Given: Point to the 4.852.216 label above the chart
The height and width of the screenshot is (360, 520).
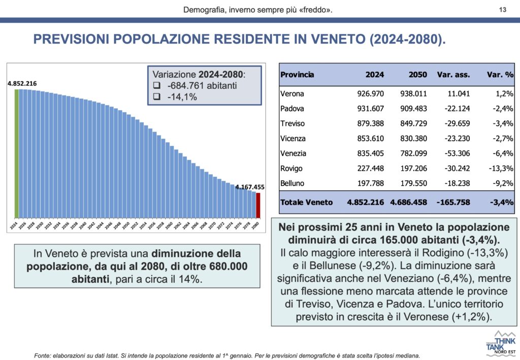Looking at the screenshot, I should (22, 83).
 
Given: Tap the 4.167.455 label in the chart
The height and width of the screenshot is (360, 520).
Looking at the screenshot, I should (249, 187).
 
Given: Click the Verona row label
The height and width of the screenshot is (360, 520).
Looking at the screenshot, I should (292, 94).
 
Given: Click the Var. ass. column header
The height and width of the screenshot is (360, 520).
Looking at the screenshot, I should (453, 75).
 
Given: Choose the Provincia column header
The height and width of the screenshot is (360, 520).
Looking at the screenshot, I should (297, 75).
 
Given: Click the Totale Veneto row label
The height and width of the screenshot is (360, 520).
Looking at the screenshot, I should (306, 202).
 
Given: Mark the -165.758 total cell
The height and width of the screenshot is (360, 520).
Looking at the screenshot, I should (453, 202).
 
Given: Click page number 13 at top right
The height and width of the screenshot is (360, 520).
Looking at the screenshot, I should (503, 10).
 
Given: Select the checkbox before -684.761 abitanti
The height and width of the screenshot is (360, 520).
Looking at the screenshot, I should (157, 86).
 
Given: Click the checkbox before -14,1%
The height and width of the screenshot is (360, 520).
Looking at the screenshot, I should (157, 96).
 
